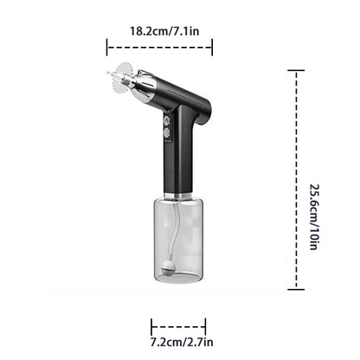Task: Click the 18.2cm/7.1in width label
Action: point(164,30)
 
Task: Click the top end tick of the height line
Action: point(297,71)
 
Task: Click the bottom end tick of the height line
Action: point(297,288)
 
